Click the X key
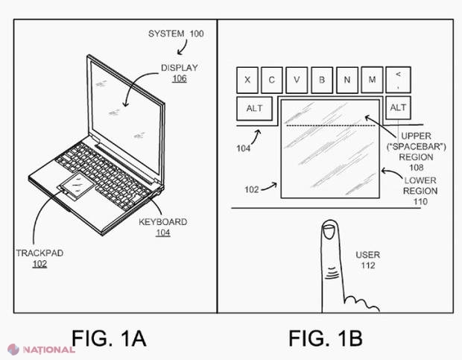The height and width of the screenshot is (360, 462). [247, 80]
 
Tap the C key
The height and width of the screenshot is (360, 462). [272, 80]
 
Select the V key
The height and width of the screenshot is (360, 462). [297, 80]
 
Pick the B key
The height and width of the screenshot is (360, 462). [322, 80]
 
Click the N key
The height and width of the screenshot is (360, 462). [347, 80]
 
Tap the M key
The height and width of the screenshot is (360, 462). [372, 80]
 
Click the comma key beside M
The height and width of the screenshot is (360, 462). [398, 80]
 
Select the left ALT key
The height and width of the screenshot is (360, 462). [254, 108]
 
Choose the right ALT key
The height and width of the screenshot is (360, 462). [398, 108]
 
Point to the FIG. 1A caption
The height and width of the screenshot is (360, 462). [109, 338]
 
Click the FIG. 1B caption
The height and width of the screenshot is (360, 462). [326, 338]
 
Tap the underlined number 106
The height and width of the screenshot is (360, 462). [180, 78]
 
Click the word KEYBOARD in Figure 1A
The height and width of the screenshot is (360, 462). [163, 222]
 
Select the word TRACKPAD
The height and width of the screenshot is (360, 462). [39, 253]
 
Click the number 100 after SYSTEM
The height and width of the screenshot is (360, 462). [197, 34]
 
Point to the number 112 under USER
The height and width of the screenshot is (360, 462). [368, 265]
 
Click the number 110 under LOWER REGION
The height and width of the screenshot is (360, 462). [420, 201]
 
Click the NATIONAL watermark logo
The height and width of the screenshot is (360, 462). [41, 350]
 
